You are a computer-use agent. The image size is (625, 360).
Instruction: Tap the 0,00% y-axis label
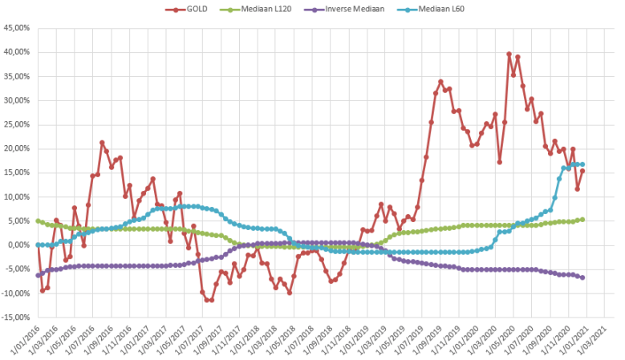pos(18,245)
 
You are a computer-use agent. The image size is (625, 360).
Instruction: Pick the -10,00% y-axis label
pos(16,293)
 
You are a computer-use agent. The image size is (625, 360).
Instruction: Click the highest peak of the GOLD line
pos(509,54)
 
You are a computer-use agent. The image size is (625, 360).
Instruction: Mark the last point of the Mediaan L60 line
pos(582,164)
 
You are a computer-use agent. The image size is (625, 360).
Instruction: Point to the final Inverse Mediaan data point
pos(582,277)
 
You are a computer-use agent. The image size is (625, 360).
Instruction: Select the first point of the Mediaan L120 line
pos(38,220)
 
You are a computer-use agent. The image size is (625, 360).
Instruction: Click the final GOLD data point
pos(582,171)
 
